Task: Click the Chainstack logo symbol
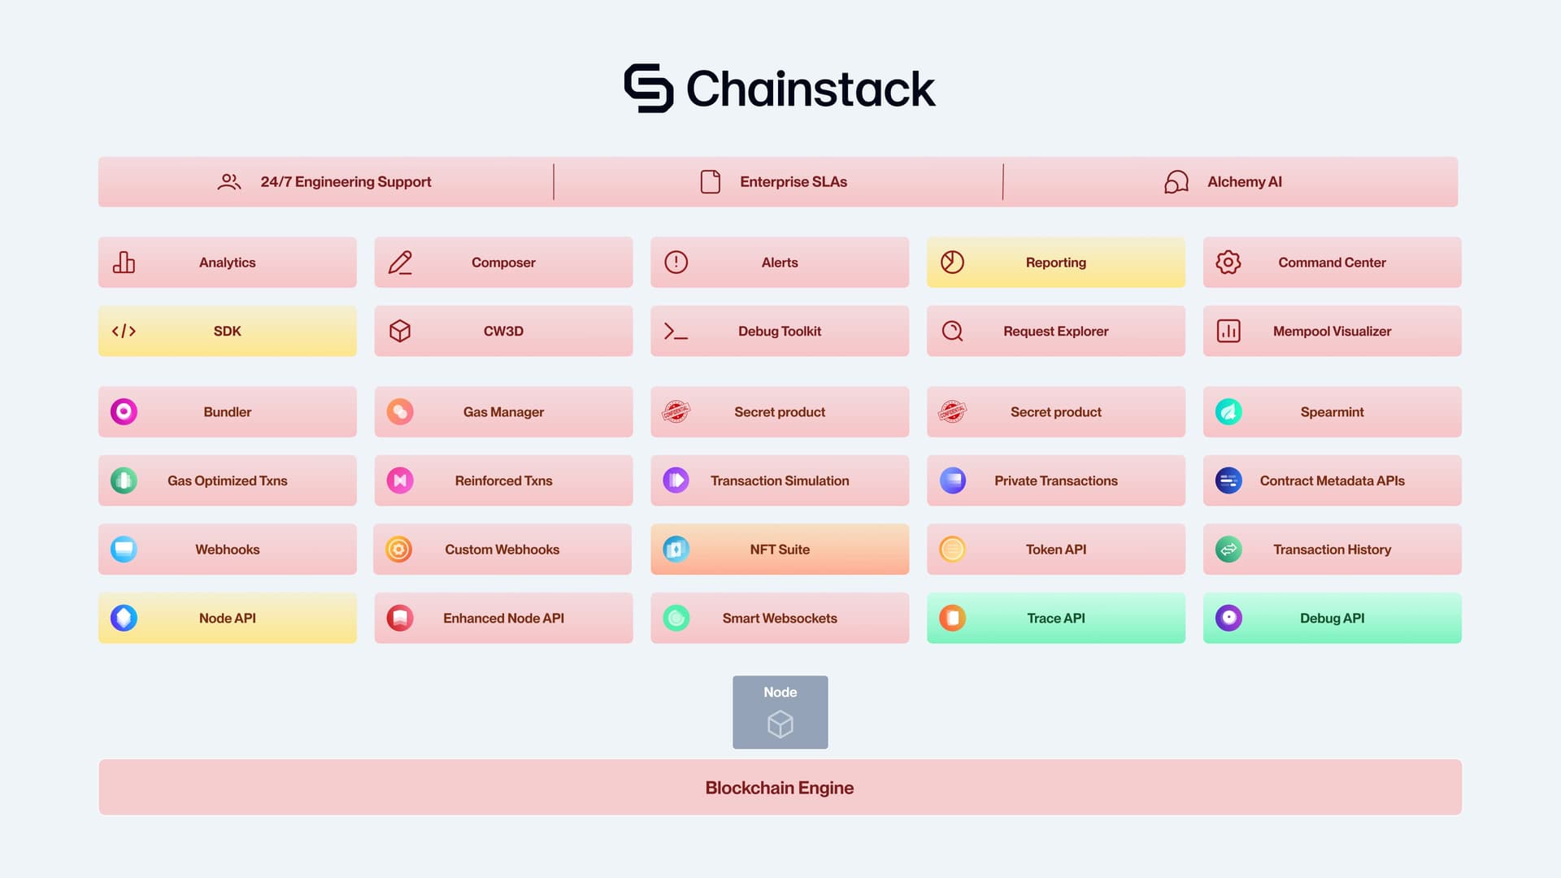click(x=648, y=88)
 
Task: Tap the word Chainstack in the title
click(x=811, y=89)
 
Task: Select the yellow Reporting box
click(x=1055, y=262)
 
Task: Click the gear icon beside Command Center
click(x=1228, y=262)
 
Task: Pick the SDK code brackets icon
click(x=124, y=331)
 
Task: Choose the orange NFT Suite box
click(x=779, y=549)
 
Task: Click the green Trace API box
click(x=1055, y=618)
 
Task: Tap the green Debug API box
click(x=1332, y=618)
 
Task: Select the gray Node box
click(x=780, y=712)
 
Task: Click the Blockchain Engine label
click(x=779, y=787)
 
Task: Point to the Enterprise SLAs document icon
click(x=710, y=181)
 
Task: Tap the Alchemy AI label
click(x=1244, y=181)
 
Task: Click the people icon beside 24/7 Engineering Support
click(x=228, y=181)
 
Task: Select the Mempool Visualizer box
click(x=1332, y=331)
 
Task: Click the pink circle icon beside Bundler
click(x=124, y=411)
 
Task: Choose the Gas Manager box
click(x=503, y=411)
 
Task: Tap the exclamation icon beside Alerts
click(x=676, y=262)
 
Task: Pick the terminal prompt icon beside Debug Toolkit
click(x=676, y=331)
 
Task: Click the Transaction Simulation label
click(x=779, y=480)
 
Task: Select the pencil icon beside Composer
click(x=399, y=262)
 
